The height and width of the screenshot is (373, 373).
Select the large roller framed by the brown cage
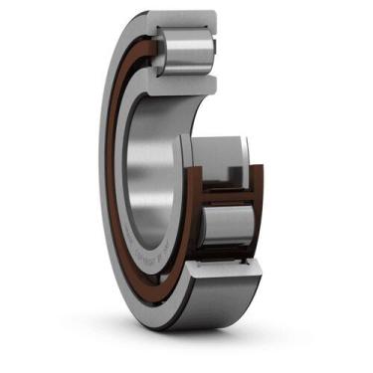[x=227, y=225]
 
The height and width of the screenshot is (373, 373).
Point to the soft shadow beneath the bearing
[x=199, y=343]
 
